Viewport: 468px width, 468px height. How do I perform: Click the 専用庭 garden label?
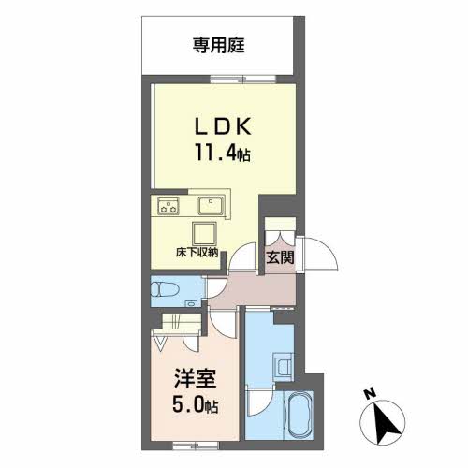point(218,46)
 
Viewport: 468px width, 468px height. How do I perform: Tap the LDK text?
point(223,126)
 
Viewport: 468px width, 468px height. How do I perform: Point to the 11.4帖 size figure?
point(223,153)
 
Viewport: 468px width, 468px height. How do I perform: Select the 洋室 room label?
point(196,378)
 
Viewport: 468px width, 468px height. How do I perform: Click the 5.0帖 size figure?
point(196,404)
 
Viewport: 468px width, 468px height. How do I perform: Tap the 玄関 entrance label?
point(280,257)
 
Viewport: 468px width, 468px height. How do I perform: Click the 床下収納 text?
point(197,253)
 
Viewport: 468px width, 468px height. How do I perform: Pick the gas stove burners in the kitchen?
point(168,206)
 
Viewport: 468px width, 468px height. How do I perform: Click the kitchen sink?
point(212,205)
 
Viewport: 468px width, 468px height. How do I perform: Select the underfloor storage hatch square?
point(204,233)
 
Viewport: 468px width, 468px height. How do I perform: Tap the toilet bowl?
point(165,289)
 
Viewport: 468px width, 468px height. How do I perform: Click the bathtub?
point(300,415)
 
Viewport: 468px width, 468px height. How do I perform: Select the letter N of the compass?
point(371,394)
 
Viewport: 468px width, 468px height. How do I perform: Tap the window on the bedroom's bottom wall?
point(196,446)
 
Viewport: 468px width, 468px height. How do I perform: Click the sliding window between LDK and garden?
point(243,79)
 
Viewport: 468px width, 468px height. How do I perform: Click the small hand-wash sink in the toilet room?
point(189,303)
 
